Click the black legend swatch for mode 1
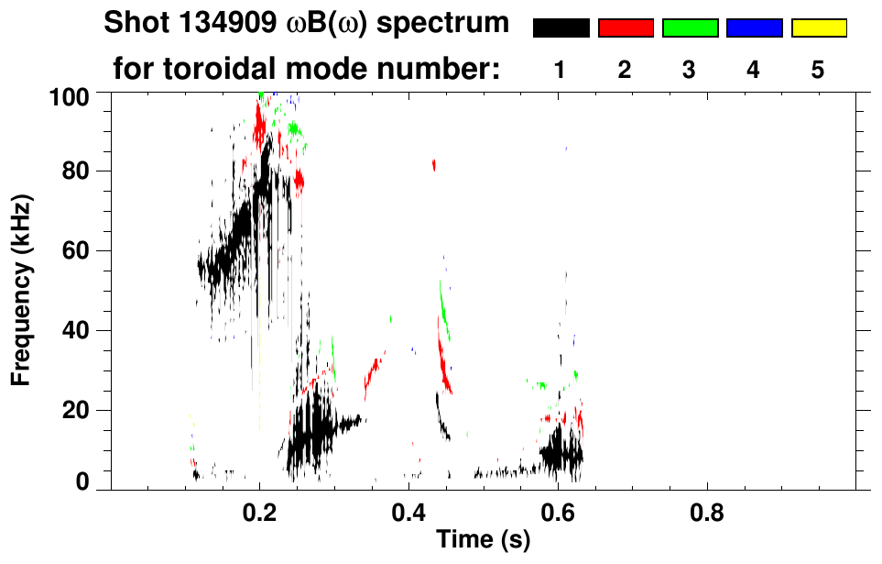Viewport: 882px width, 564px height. point(561,28)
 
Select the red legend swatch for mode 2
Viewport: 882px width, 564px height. point(626,28)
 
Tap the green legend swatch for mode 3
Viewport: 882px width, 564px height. point(690,28)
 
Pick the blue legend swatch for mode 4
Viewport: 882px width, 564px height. point(754,28)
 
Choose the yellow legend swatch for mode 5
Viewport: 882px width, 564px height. point(818,28)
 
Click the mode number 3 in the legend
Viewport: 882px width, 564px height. point(690,70)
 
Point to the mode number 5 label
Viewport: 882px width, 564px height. point(818,70)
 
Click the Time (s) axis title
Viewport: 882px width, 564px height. point(483,541)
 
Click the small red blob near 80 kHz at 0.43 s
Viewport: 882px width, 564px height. point(434,165)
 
